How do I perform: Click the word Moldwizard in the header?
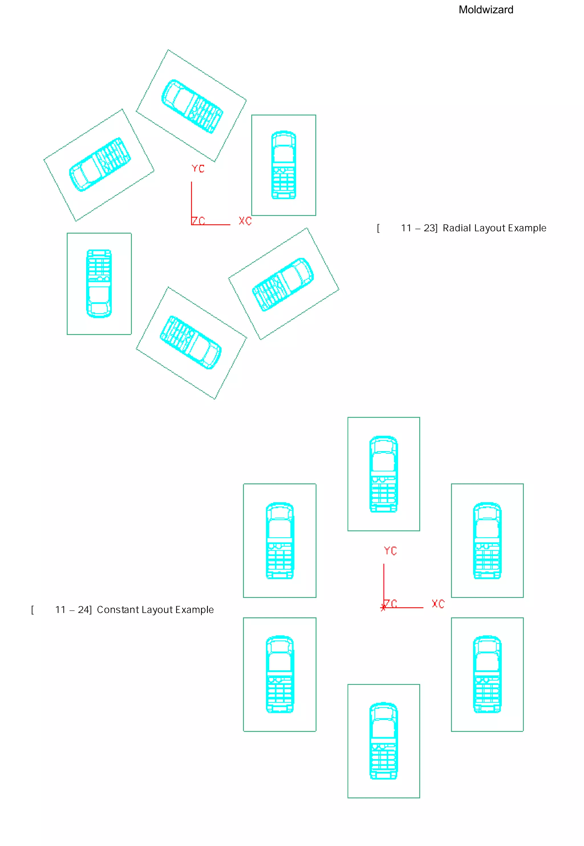486,10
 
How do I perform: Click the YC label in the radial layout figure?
198,169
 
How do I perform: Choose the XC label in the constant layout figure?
438,604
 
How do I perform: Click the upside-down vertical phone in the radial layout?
99,284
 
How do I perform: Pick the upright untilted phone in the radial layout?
283,165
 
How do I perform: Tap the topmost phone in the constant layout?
384,474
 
